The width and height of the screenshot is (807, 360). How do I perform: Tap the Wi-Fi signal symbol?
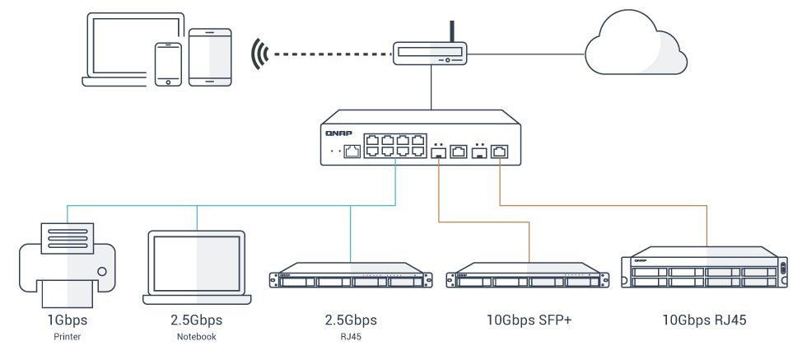click(x=260, y=54)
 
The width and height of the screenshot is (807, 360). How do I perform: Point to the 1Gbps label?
click(x=67, y=320)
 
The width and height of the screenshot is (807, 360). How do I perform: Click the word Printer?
click(x=67, y=337)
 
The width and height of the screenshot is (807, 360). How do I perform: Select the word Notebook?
click(x=196, y=337)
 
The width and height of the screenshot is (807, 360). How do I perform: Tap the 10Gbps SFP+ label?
click(x=527, y=320)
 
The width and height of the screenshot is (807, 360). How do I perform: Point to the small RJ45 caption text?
click(x=351, y=337)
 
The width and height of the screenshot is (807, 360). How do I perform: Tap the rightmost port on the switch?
click(x=500, y=151)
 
